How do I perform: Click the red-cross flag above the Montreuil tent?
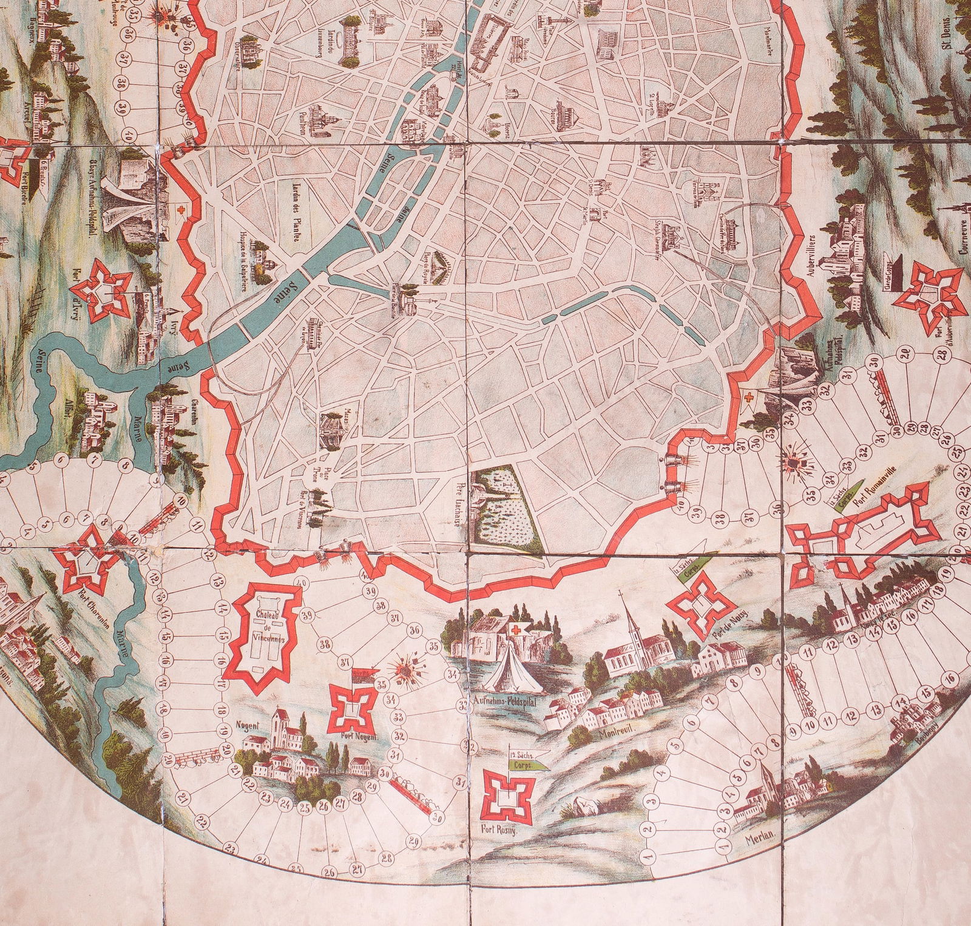tap(518, 627)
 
